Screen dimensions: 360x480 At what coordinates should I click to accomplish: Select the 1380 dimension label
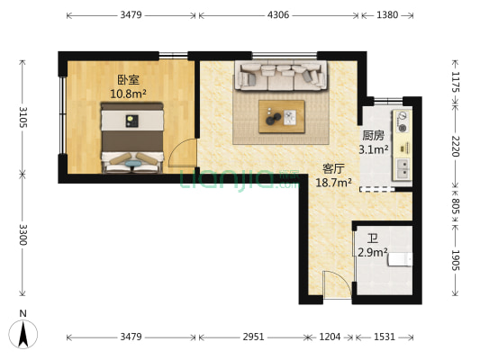pyautogui.click(x=387, y=15)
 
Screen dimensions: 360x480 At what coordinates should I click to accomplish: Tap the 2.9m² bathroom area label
pyautogui.click(x=373, y=253)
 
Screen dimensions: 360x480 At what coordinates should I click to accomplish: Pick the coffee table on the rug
pyautogui.click(x=282, y=115)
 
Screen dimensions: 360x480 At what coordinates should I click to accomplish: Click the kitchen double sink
pyautogui.click(x=402, y=166)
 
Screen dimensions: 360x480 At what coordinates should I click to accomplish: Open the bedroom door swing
pyautogui.click(x=182, y=153)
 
